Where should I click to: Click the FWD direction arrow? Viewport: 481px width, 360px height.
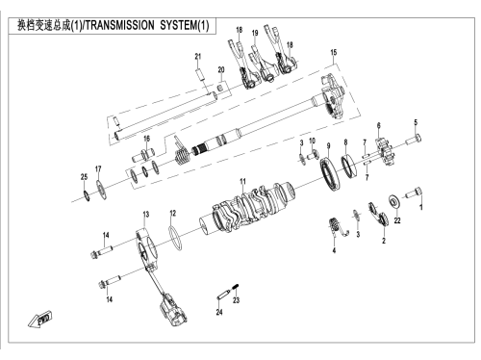coord(39,320)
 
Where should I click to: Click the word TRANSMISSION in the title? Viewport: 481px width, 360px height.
coord(120,25)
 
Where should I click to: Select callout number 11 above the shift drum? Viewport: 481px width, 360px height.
coord(242,182)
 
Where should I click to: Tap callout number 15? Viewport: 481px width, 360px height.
coord(334,52)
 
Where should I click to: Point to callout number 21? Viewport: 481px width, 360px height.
coord(198,57)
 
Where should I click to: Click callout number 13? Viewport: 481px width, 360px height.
coord(146,215)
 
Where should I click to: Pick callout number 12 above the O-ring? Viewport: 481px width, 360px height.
coord(173,213)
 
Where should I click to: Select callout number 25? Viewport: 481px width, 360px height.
coord(84,177)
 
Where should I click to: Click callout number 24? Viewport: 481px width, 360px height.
coord(219,312)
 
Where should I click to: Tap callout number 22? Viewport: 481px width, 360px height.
coord(397,220)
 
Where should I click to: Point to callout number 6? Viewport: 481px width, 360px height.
coord(379,125)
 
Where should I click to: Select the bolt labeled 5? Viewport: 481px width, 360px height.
coord(414,140)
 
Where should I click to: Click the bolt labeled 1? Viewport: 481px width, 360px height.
coord(414,193)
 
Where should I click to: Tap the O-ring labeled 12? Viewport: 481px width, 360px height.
coord(175,238)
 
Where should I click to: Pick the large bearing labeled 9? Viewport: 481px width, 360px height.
coord(330,173)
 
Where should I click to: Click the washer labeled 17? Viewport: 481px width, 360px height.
coord(102,190)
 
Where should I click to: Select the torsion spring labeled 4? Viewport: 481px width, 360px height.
coord(337,227)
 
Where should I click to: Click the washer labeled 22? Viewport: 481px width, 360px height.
coord(393,201)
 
